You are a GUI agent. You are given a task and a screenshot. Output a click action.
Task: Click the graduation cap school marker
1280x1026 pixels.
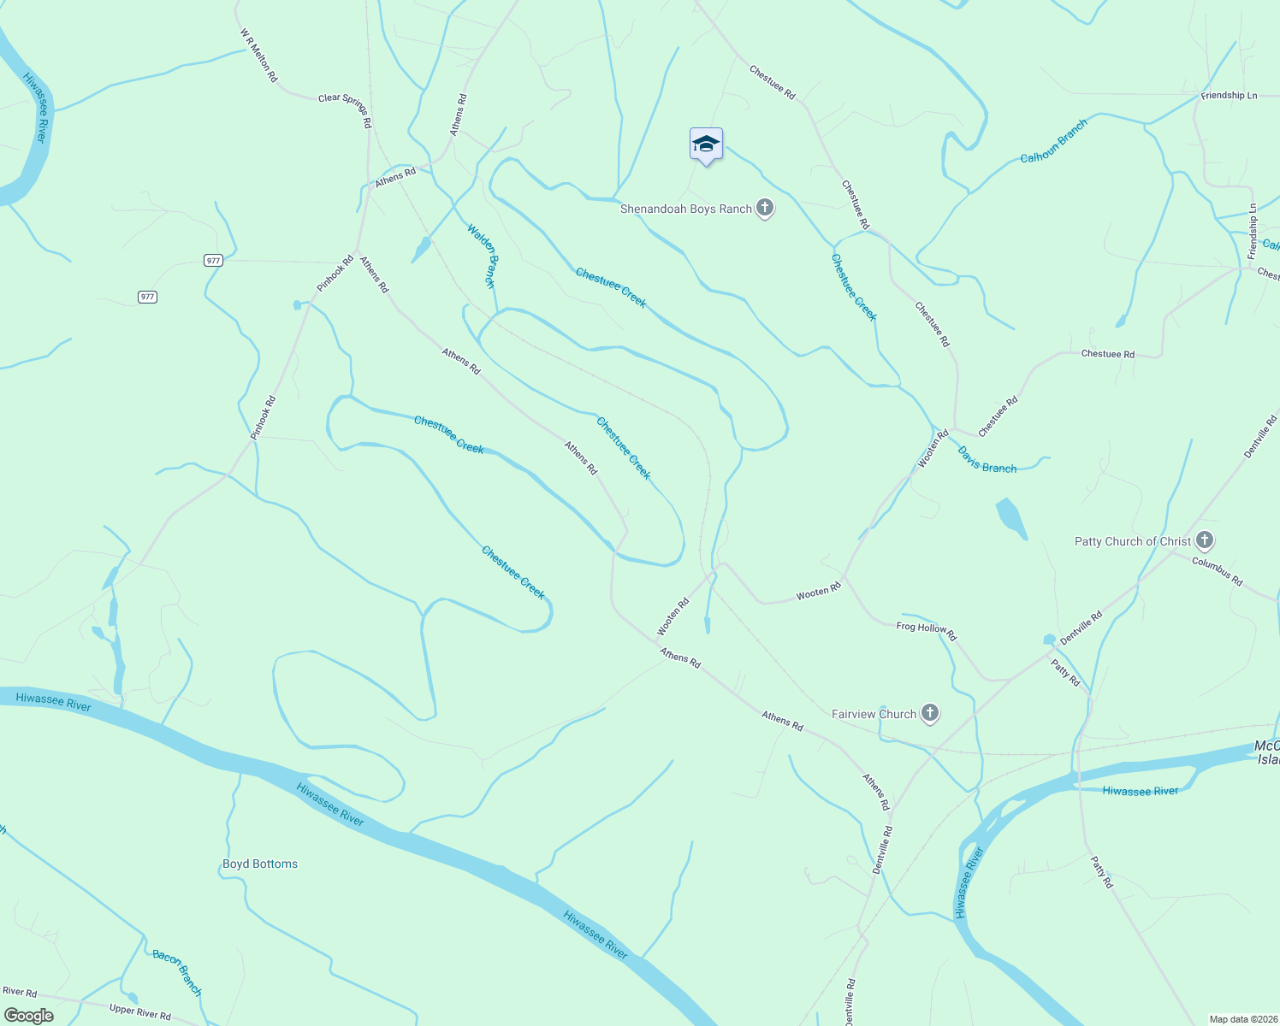point(706,144)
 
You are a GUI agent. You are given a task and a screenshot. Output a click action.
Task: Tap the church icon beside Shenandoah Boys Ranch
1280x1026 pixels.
point(765,208)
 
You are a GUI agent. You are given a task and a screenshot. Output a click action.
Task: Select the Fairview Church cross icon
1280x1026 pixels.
point(930,713)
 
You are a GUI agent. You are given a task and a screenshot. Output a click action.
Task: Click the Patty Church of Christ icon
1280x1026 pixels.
point(1205,540)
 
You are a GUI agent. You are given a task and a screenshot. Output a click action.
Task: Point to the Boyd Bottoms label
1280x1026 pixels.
point(260,864)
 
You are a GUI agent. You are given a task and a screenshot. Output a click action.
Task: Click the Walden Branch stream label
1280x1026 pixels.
point(482,256)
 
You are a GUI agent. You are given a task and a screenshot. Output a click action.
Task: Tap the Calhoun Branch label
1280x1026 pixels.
point(1054,141)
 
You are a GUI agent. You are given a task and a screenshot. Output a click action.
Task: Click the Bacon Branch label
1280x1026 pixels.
point(177,973)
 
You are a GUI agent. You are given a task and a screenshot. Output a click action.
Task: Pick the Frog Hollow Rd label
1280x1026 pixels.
point(926,632)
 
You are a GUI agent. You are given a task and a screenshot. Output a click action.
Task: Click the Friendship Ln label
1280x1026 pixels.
point(1229,96)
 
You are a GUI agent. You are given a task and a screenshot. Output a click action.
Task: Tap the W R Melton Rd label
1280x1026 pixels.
point(259,56)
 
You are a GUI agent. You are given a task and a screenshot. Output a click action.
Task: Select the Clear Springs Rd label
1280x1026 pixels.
point(345,110)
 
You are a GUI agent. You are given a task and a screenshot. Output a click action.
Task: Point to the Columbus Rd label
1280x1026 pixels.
point(1218,570)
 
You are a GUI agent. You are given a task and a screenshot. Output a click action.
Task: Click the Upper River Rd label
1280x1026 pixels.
point(140,1013)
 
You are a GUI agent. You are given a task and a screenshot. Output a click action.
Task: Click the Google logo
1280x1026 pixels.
point(29,1016)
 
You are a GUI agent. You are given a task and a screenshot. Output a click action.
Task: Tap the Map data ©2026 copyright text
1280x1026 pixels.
point(1241,1019)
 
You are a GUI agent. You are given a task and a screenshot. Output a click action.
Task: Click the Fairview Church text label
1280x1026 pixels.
point(874,714)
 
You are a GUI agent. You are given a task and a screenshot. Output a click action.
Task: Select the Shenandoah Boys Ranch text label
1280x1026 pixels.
point(685,209)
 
